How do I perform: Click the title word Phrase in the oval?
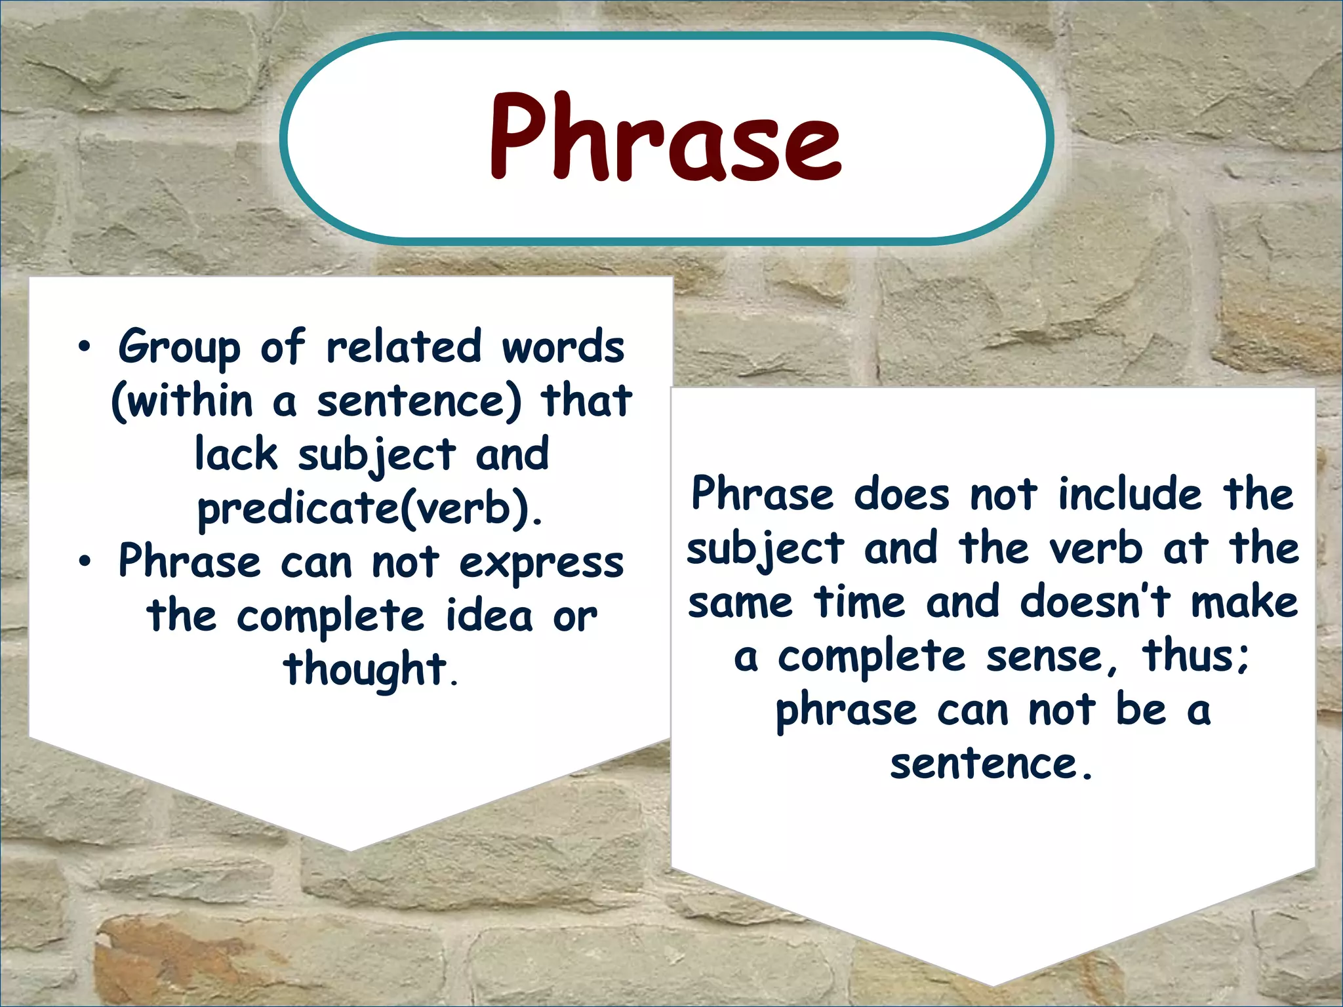tap(665, 138)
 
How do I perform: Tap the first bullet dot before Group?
tap(84, 348)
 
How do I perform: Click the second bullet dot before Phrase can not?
tap(84, 563)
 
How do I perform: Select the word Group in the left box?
tap(178, 348)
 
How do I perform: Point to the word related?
tap(403, 347)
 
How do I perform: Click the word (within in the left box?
tap(182, 401)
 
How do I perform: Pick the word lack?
tap(236, 454)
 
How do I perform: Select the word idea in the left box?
tap(489, 616)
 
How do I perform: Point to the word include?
tap(1129, 494)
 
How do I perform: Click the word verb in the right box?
tap(1095, 548)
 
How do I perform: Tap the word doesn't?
tap(1094, 602)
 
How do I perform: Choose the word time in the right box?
tap(859, 602)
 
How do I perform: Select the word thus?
tap(1195, 656)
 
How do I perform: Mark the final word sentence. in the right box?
tap(992, 764)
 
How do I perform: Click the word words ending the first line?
tap(563, 347)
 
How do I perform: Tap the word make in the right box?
tap(1244, 602)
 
